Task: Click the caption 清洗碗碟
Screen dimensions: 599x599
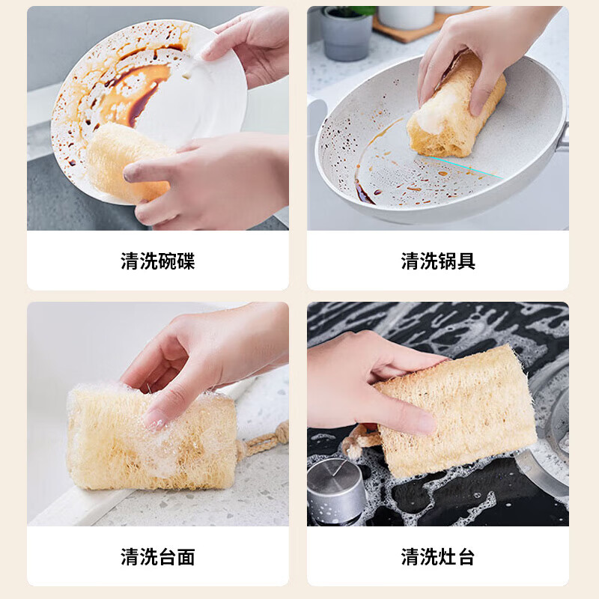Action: tap(158, 261)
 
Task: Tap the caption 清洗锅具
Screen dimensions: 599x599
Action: tap(438, 261)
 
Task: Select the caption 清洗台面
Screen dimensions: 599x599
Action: tap(158, 557)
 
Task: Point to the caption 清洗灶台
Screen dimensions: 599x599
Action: tap(438, 557)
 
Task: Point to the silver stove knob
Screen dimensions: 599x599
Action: tap(335, 490)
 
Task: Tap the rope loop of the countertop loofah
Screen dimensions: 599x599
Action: tap(266, 442)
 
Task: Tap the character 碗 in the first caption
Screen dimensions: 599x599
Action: tap(167, 261)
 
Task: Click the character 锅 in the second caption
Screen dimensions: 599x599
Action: tap(447, 261)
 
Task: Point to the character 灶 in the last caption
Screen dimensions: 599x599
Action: tap(447, 557)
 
